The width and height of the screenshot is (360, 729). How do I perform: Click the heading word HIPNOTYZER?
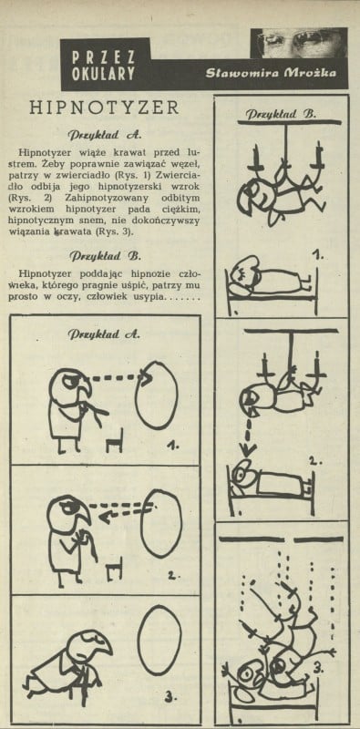click(104, 108)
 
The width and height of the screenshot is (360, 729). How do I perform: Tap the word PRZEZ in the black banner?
click(104, 56)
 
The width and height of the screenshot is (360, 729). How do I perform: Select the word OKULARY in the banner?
click(104, 75)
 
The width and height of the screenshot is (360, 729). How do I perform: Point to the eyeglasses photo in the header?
click(299, 43)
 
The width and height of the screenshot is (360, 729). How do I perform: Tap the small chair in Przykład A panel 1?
click(115, 440)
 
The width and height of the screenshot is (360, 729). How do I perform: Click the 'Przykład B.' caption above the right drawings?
click(281, 113)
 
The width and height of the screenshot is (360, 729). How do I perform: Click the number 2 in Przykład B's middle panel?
click(314, 462)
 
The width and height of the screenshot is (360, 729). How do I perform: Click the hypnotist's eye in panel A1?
click(68, 381)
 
